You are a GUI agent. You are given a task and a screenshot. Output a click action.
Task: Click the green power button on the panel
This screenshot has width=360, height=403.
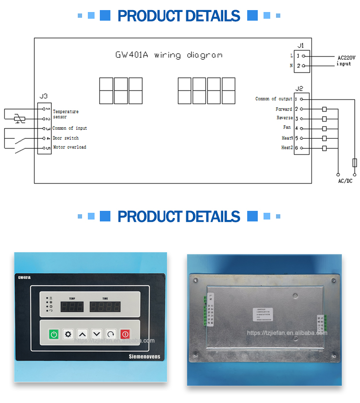pyautogui.click(x=54, y=334)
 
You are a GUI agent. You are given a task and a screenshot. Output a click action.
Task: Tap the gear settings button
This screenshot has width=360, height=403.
pyautogui.click(x=68, y=334)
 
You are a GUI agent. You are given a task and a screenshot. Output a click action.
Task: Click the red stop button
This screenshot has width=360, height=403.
pyautogui.click(x=125, y=334)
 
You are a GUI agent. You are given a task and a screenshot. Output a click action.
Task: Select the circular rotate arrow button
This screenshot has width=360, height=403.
pyautogui.click(x=111, y=334)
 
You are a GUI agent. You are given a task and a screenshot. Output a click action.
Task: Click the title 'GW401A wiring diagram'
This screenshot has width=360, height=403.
pyautogui.click(x=168, y=55)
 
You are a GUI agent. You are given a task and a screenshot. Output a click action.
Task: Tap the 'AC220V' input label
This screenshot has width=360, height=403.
pyautogui.click(x=346, y=57)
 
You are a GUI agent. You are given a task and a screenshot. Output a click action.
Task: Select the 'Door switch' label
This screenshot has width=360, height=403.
pyautogui.click(x=66, y=138)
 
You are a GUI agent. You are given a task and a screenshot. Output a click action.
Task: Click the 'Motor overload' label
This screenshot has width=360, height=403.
pyautogui.click(x=70, y=147)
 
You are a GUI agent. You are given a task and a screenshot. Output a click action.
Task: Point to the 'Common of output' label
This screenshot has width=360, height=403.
pyautogui.click(x=274, y=99)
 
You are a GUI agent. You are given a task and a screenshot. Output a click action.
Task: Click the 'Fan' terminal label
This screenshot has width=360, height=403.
pyautogui.click(x=287, y=128)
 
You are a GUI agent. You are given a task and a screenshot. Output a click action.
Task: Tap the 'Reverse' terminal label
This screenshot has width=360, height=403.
pyautogui.click(x=284, y=118)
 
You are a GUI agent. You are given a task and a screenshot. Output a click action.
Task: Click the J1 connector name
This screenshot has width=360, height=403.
pyautogui.click(x=301, y=45)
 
